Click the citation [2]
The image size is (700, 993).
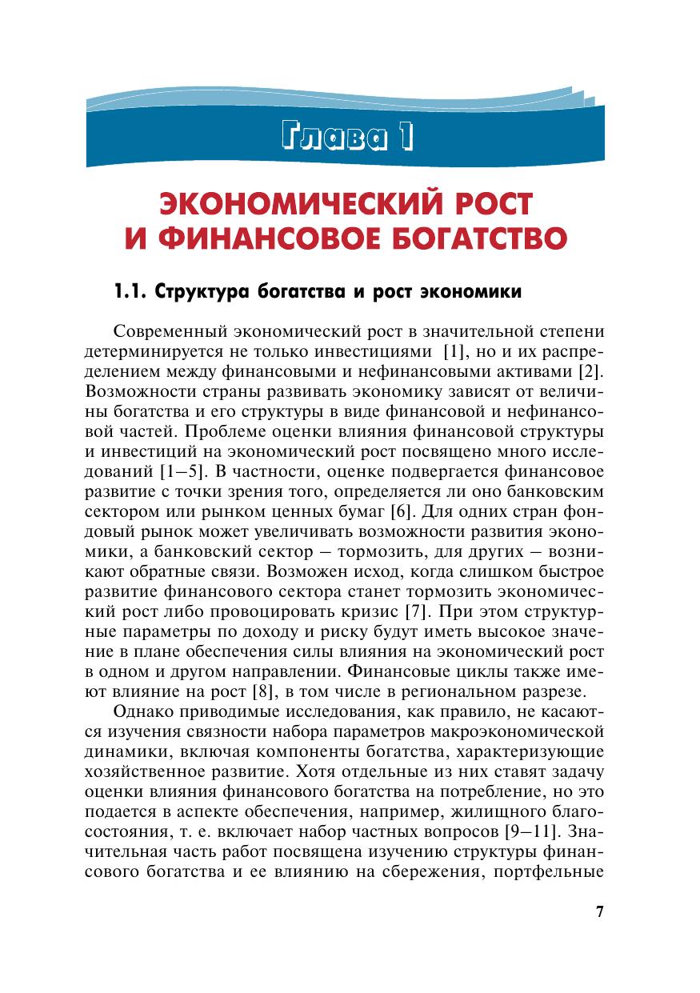[593, 370]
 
